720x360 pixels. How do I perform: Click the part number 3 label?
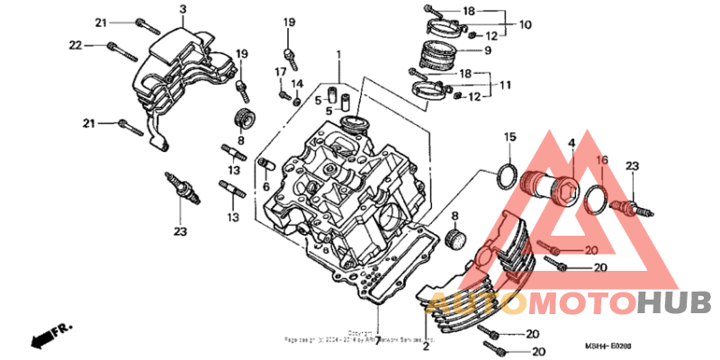182,9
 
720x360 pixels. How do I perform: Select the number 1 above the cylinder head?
338,56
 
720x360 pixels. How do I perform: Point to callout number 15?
509,137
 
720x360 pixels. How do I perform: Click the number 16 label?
603,160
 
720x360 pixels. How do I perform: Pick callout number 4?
571,143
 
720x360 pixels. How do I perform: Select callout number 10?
525,24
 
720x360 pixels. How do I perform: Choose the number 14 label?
297,84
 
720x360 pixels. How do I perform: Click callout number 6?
266,186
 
